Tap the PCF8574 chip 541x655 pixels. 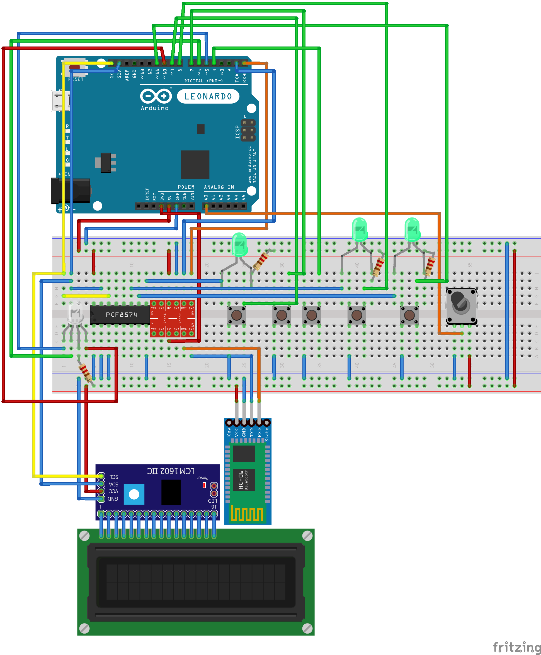121,315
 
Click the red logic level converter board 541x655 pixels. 173,319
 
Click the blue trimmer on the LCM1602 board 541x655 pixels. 134,494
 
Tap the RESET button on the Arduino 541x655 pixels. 74,67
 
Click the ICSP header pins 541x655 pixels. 248,130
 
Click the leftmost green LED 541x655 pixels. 239,245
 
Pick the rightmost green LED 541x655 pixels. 412,230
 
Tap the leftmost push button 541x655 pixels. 237,315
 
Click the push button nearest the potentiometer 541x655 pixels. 409,315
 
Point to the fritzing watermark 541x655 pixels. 517,647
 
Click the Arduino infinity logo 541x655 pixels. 156,96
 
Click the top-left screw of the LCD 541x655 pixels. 84,536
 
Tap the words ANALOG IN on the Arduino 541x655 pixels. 219,187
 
